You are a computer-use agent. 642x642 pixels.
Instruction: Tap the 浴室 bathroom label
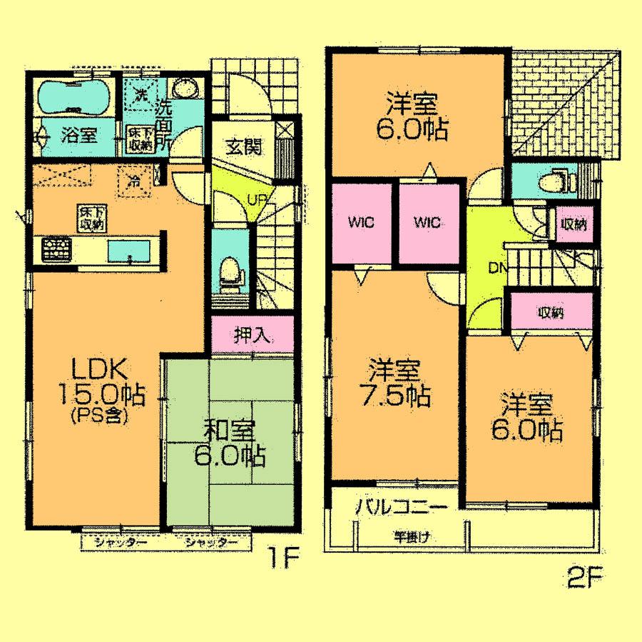click(78, 133)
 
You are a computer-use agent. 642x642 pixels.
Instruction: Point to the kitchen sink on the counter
click(129, 251)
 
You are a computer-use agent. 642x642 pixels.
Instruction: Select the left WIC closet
click(362, 221)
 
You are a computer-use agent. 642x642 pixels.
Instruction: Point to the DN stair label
click(499, 269)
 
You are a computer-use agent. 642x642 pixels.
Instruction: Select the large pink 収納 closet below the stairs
click(551, 312)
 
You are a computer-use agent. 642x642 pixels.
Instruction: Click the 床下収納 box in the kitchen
click(90, 218)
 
